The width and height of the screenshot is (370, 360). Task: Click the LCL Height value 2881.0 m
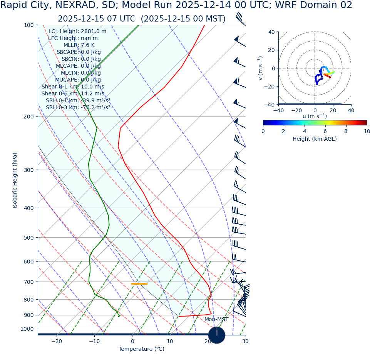click(x=94, y=31)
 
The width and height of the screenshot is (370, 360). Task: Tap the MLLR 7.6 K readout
click(x=79, y=45)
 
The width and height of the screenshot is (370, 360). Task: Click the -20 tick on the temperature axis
click(x=57, y=341)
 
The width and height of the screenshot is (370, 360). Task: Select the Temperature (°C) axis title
click(x=141, y=349)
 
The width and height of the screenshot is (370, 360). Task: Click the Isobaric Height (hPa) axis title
click(x=15, y=180)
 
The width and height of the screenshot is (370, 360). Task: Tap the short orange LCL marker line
click(x=139, y=284)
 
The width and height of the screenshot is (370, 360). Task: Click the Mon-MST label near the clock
click(x=216, y=320)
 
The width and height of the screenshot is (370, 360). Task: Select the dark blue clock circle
click(x=217, y=335)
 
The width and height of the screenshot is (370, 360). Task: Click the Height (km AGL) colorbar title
click(x=315, y=139)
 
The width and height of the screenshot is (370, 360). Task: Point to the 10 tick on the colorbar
click(x=367, y=131)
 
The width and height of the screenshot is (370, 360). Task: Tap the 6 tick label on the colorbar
click(x=325, y=131)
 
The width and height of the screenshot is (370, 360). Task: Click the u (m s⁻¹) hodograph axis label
click(x=315, y=116)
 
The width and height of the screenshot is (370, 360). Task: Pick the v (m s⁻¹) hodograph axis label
click(x=261, y=68)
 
